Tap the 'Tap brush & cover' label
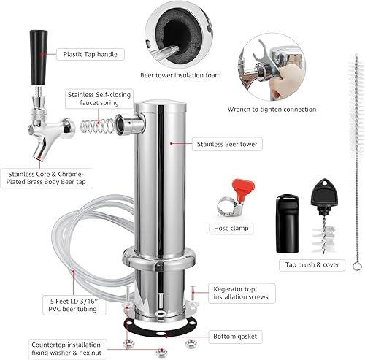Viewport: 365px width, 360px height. (313, 265)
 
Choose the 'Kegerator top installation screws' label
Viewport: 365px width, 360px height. (242, 292)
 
